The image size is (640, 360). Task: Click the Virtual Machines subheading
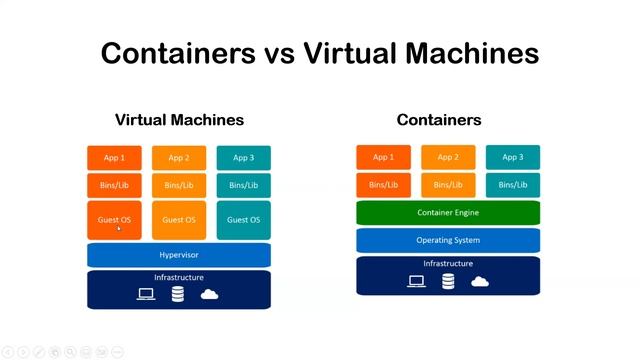(x=179, y=120)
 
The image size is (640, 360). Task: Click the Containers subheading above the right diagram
(x=438, y=120)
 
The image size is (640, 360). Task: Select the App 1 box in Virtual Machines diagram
(x=114, y=157)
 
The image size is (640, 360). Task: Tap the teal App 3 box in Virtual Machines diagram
(x=243, y=157)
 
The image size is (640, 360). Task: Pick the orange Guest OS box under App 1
(x=114, y=220)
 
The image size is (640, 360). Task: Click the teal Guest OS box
(x=243, y=220)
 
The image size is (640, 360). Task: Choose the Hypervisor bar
(x=179, y=255)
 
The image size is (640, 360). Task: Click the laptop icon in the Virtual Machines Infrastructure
(x=146, y=294)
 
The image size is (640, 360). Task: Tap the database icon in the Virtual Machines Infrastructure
(x=178, y=294)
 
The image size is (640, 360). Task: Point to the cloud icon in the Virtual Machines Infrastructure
(x=210, y=294)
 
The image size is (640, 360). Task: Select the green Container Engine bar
(x=448, y=212)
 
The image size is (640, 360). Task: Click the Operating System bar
(x=448, y=240)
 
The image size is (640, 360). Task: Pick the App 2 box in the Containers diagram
(x=448, y=157)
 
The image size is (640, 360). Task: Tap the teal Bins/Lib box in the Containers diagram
(x=513, y=185)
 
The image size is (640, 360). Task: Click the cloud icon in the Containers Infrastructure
(x=479, y=282)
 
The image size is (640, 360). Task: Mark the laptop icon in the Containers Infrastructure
(x=416, y=282)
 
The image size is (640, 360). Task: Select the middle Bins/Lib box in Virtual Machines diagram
(x=179, y=185)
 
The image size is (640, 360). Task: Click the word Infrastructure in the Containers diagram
(x=448, y=264)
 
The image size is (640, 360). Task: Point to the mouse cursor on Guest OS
(x=119, y=228)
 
